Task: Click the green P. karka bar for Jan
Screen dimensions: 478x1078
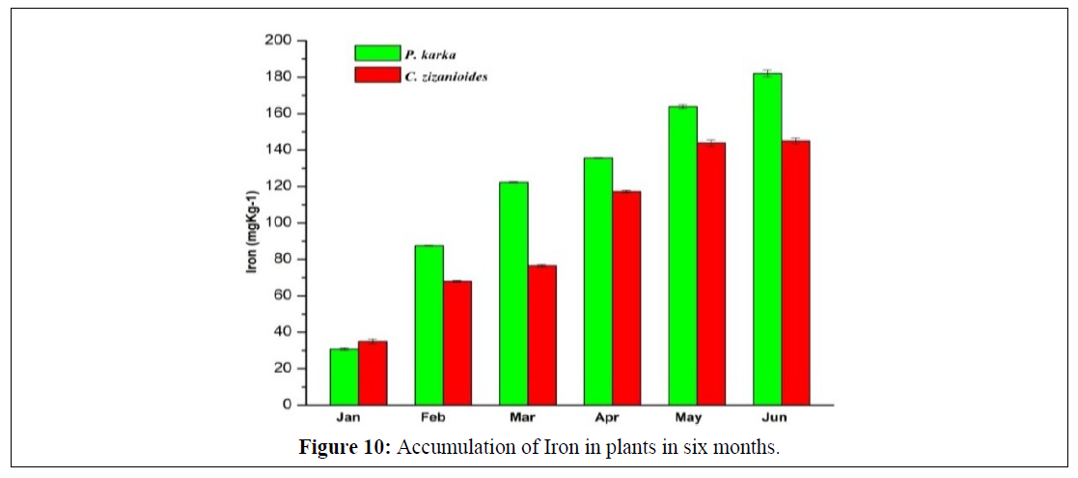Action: [x=344, y=377]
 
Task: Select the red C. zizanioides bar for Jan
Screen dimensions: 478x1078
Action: [x=373, y=373]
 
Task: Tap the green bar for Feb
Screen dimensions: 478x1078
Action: [x=428, y=324]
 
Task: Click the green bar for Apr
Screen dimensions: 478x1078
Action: [x=597, y=280]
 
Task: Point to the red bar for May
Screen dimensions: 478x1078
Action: [x=711, y=273]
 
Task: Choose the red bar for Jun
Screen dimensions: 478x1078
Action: [x=795, y=272]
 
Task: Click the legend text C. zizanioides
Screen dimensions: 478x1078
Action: [x=446, y=75]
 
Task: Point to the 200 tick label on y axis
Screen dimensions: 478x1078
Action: [x=279, y=41]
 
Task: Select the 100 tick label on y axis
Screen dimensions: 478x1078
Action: [x=279, y=223]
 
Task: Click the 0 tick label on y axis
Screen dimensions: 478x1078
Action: [x=288, y=405]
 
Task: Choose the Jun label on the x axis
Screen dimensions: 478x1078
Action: [x=781, y=417]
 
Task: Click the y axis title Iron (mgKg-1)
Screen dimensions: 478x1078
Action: [x=253, y=223]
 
